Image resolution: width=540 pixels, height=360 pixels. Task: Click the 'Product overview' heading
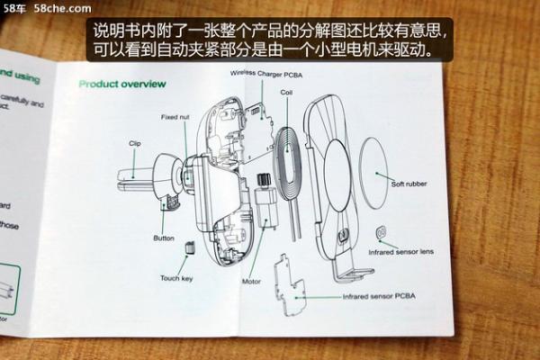click(121, 84)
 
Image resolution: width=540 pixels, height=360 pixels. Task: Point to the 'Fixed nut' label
click(175, 117)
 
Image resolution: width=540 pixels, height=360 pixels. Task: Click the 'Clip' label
click(134, 143)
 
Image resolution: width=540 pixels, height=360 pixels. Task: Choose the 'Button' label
click(163, 238)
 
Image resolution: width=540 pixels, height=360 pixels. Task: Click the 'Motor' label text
click(251, 281)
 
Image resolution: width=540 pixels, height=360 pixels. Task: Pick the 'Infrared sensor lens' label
click(401, 251)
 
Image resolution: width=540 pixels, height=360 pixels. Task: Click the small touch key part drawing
click(190, 247)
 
